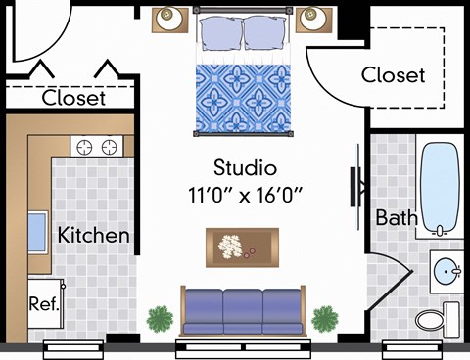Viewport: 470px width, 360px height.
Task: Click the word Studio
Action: click(x=244, y=167)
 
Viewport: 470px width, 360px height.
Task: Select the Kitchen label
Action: click(x=93, y=235)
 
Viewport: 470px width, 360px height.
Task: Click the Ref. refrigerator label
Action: click(x=44, y=303)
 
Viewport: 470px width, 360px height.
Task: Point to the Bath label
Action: click(x=397, y=217)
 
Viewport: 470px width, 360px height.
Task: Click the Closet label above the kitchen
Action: click(x=73, y=98)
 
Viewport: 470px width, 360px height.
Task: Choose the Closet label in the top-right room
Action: click(x=394, y=74)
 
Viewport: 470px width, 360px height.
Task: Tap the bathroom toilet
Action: click(x=437, y=316)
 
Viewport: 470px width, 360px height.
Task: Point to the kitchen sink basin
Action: click(x=36, y=233)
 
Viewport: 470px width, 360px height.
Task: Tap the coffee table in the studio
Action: click(x=241, y=246)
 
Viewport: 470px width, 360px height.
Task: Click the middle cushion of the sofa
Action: click(x=243, y=308)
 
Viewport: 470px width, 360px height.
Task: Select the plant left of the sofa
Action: click(x=160, y=317)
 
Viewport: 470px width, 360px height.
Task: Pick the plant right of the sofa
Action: click(x=324, y=317)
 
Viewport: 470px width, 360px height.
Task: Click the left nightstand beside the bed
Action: click(x=169, y=18)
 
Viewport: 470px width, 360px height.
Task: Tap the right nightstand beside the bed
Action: click(x=315, y=18)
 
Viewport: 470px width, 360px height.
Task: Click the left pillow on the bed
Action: click(x=220, y=31)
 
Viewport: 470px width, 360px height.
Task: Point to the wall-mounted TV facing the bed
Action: click(x=354, y=183)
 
